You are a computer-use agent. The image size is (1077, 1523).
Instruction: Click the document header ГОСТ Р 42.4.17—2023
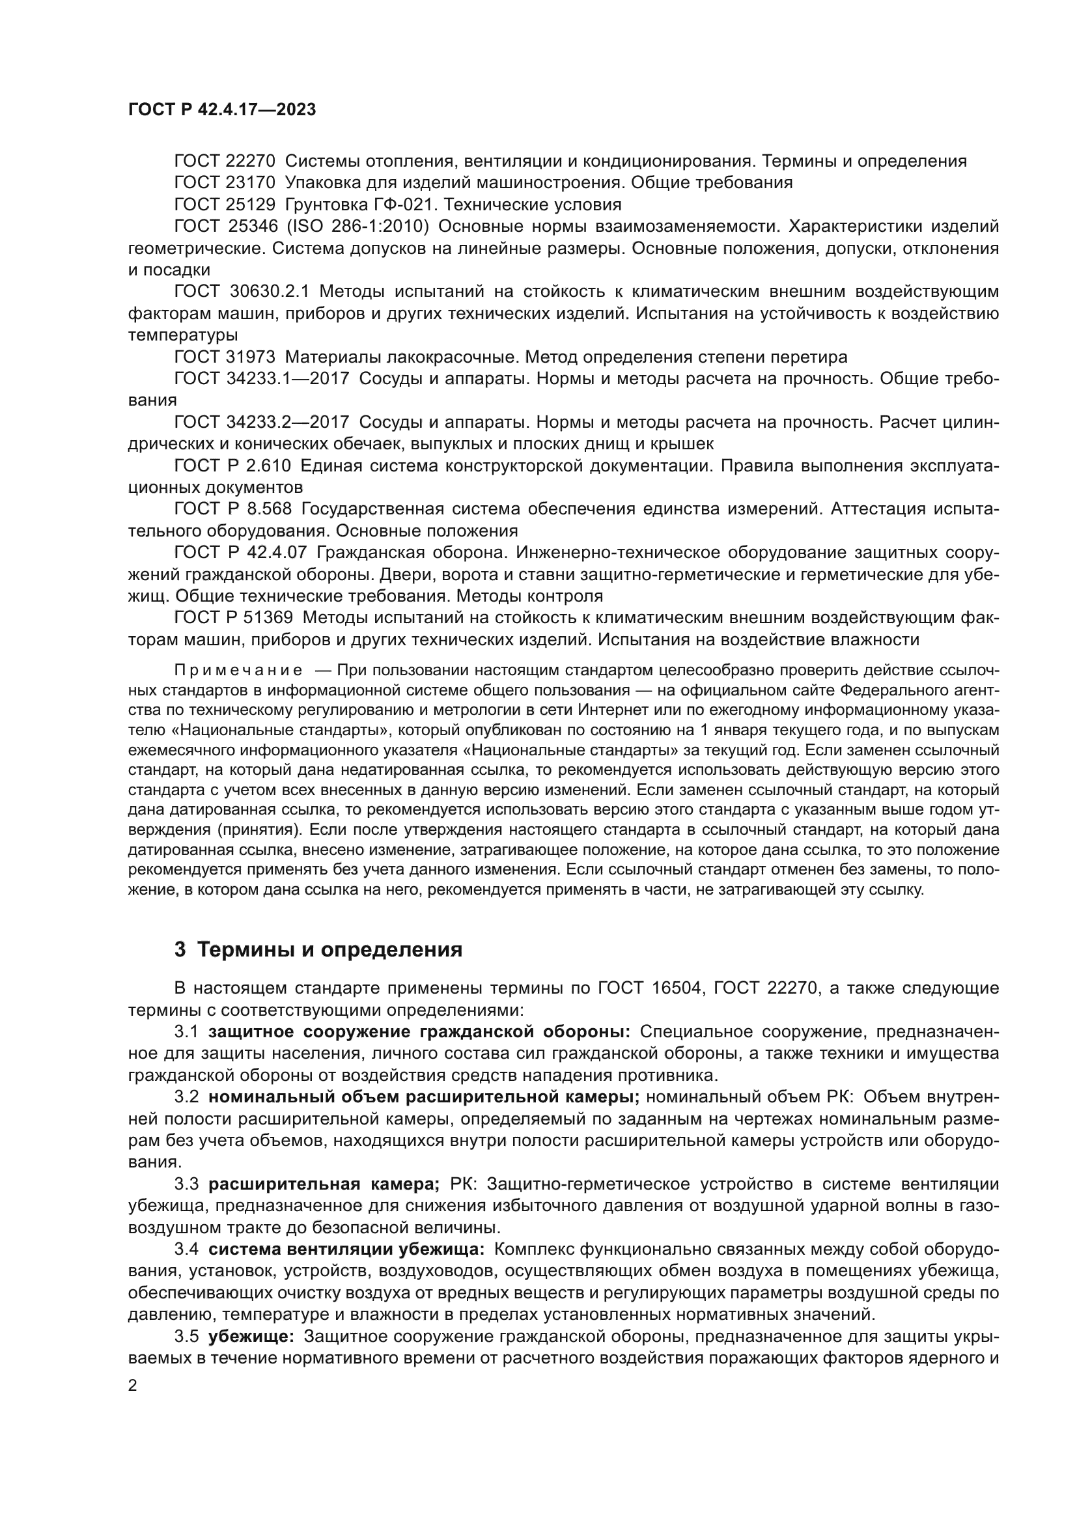click(221, 110)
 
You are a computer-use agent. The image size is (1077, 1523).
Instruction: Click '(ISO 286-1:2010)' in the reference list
click(358, 226)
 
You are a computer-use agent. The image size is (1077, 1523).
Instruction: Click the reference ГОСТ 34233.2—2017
click(261, 423)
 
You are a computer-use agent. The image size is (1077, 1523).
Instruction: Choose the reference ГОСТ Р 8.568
click(232, 509)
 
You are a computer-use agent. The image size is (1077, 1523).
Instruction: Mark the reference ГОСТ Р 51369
click(234, 617)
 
